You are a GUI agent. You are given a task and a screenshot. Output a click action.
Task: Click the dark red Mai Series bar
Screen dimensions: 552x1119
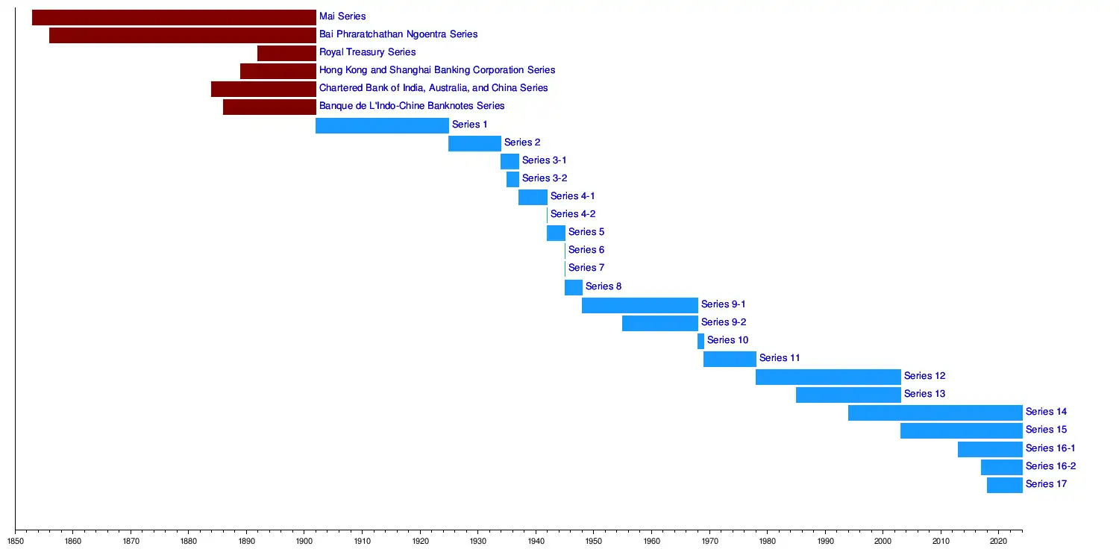[174, 17]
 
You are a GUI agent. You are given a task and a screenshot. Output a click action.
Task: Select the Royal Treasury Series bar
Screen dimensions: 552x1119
[286, 53]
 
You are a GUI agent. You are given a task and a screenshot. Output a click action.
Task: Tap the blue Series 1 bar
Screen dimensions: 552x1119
[382, 125]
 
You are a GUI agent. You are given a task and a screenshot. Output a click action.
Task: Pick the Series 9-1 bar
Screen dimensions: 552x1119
[639, 305]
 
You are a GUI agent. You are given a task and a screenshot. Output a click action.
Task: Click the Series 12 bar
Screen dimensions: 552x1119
[828, 377]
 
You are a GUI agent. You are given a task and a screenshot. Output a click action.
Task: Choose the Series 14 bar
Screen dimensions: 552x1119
[935, 413]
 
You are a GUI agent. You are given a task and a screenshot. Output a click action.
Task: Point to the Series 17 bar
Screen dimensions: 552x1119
[1004, 485]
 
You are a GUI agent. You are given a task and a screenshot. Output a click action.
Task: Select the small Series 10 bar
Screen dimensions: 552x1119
[700, 341]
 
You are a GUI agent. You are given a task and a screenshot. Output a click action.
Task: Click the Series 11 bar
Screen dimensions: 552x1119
[730, 359]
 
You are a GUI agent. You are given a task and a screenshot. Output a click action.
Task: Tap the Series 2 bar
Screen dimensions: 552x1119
[474, 143]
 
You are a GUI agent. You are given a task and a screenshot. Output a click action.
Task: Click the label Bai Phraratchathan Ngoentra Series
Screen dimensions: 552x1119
[398, 34]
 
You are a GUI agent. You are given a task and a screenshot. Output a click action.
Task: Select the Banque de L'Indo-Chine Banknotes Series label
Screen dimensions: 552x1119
[412, 106]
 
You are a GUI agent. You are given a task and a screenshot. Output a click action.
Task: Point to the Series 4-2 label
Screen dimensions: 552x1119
[573, 214]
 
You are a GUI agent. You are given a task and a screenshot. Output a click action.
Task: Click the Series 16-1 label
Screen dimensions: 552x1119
[1050, 448]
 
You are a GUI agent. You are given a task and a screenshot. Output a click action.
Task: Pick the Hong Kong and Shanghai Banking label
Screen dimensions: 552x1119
[437, 70]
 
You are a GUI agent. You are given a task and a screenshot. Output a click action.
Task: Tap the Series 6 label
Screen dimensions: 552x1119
[586, 250]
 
